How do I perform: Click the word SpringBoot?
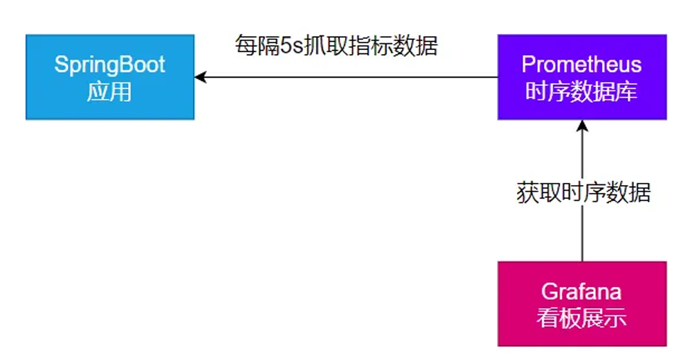[x=110, y=65]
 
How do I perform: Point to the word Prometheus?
[x=582, y=64]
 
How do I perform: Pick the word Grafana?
[x=582, y=293]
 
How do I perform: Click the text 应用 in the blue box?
[x=110, y=92]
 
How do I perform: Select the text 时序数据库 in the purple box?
[x=582, y=92]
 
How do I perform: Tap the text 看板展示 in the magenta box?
[x=582, y=319]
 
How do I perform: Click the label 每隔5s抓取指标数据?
[x=336, y=46]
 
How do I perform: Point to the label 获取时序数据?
[x=583, y=192]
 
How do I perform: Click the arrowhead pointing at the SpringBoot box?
[x=200, y=77]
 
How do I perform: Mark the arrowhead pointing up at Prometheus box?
[x=582, y=126]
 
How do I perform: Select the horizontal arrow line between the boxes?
[x=347, y=77]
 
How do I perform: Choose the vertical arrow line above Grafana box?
[x=582, y=231]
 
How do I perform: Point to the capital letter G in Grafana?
[x=549, y=293]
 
